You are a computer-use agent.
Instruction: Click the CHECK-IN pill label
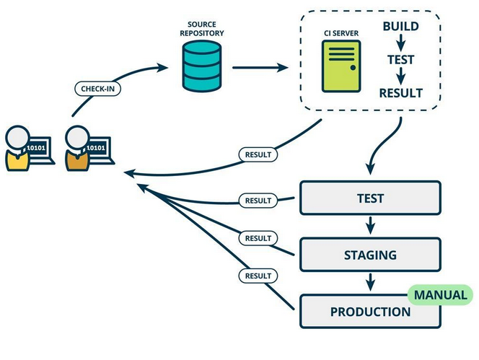(98, 89)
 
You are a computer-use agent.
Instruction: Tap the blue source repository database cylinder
(201, 66)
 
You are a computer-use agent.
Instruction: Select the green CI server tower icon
(341, 66)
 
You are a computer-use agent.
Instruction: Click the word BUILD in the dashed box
(401, 26)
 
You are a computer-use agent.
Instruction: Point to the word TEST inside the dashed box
(401, 60)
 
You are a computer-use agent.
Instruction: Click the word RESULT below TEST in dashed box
(401, 93)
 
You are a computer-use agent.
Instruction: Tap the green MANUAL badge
(440, 295)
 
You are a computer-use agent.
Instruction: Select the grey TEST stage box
(370, 198)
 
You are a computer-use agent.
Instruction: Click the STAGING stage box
(370, 255)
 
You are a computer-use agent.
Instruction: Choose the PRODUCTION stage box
(370, 312)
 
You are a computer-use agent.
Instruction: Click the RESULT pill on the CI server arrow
(258, 154)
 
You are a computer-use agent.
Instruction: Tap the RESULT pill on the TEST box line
(258, 201)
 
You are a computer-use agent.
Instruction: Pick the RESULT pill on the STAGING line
(258, 238)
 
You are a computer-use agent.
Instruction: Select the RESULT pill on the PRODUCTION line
(258, 276)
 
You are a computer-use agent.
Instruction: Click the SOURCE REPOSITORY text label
(201, 29)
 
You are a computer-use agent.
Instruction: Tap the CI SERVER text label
(341, 33)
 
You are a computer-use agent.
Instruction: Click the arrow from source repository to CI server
(260, 68)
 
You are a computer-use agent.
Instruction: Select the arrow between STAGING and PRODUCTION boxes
(370, 282)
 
